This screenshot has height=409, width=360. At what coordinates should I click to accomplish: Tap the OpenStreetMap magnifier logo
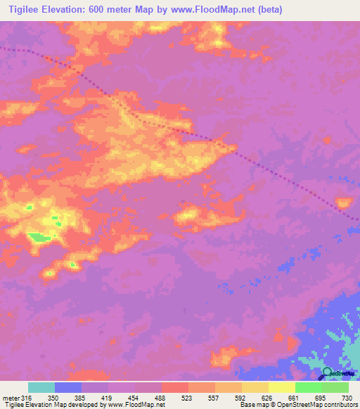(x=327, y=374)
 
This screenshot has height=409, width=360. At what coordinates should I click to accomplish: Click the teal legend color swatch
(x=41, y=387)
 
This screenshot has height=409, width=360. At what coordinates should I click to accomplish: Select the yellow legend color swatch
(x=282, y=387)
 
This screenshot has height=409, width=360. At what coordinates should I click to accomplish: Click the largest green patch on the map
(x=39, y=238)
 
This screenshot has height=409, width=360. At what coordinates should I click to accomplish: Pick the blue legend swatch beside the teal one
(x=68, y=387)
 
